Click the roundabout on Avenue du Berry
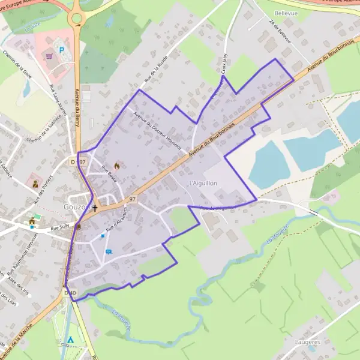[x=76, y=19]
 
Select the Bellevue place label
[x=286, y=12]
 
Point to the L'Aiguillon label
[x=202, y=183]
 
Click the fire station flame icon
[x=116, y=164]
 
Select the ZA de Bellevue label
[x=280, y=31]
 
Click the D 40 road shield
[x=70, y=293]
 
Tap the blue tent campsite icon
[x=71, y=340]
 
